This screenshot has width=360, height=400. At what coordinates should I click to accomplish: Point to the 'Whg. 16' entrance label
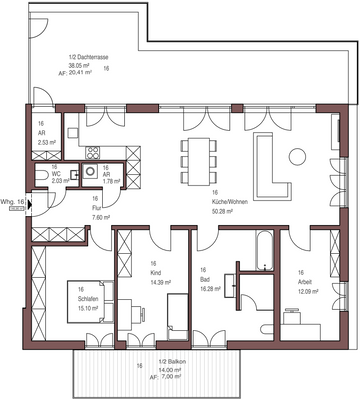tap(13, 201)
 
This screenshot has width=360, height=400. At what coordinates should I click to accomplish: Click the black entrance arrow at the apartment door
tap(31, 208)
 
